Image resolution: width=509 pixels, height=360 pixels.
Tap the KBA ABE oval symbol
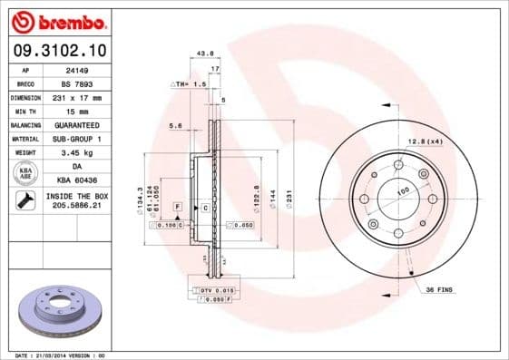pyautogui.click(x=26, y=172)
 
